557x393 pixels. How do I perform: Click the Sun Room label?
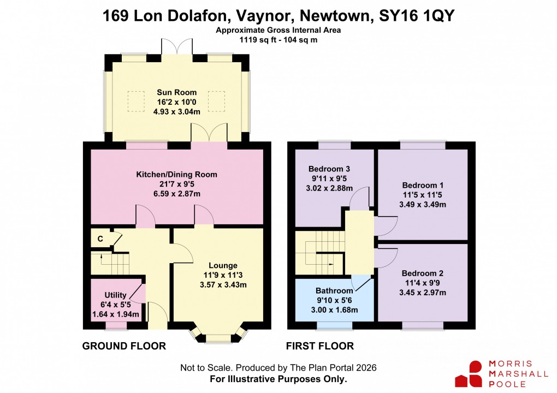tap(176, 92)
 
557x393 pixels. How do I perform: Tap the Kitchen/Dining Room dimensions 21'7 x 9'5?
tap(176, 184)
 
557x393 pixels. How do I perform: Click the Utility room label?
tap(115, 295)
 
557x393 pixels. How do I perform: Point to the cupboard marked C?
tap(100, 239)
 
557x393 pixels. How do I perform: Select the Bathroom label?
tap(334, 291)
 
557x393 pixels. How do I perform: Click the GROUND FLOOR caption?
tap(124, 346)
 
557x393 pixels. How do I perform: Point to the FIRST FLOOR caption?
tap(320, 346)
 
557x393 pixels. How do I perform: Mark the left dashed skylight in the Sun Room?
tap(135, 99)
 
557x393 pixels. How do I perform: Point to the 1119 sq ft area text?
tap(259, 40)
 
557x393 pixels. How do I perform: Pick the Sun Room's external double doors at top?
tap(176, 47)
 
